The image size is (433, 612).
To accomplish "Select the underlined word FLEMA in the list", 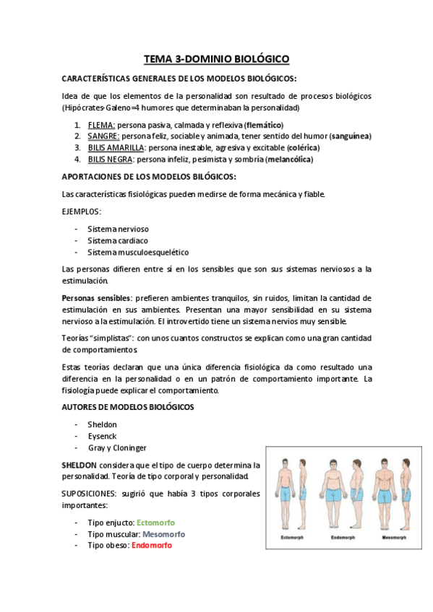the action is [x=100, y=125].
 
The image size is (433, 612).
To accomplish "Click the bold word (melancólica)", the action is [x=289, y=159].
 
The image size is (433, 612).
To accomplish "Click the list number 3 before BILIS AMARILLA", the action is [x=77, y=147].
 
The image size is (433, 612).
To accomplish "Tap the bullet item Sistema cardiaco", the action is [x=117, y=240].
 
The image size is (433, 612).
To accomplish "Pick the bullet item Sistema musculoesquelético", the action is [x=137, y=252].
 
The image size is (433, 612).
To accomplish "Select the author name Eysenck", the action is [x=102, y=436].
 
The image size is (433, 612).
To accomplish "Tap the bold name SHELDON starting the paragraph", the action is [x=83, y=464].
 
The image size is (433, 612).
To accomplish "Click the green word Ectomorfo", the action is [x=155, y=522].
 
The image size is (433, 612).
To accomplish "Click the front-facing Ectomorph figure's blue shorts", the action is [x=286, y=495].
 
